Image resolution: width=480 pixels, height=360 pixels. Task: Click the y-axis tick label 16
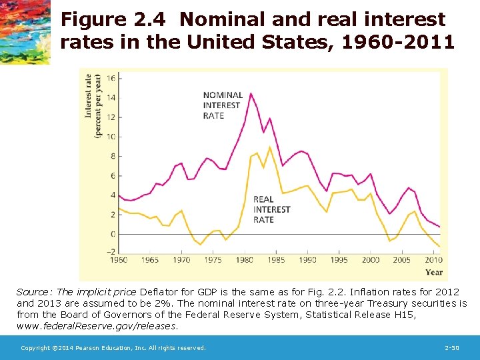[111, 78]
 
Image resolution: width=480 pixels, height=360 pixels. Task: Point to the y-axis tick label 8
[112, 156]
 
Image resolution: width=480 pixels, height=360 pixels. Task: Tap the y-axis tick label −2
[110, 252]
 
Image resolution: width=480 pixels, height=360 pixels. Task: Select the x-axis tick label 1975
[213, 260]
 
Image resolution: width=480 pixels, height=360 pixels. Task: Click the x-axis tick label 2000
[371, 260]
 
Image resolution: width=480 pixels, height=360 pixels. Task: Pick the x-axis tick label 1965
[150, 260]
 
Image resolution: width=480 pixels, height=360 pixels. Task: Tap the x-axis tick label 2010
[433, 260]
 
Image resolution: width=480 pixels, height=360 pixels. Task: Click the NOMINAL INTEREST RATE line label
[223, 105]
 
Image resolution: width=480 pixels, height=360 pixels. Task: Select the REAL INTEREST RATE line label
[272, 209]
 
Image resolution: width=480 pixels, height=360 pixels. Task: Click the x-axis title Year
[433, 272]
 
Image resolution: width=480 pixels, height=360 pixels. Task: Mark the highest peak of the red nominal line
[251, 93]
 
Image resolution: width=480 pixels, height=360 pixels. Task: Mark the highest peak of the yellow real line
[269, 147]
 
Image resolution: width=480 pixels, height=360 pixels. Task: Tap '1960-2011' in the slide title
[401, 43]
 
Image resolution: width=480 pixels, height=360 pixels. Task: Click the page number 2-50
[451, 348]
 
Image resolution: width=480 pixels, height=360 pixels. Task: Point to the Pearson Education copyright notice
[113, 348]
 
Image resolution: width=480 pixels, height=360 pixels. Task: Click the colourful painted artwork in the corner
[25, 31]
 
